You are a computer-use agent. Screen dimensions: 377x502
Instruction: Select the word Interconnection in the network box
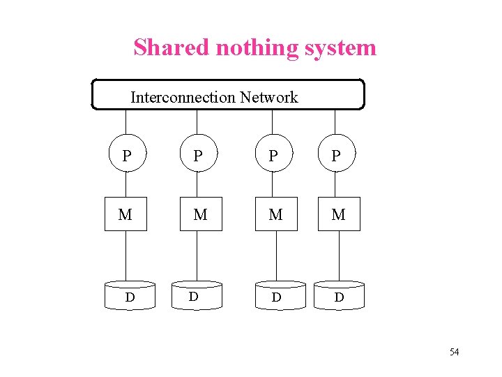pyautogui.click(x=183, y=97)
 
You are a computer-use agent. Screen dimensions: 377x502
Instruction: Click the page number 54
pyautogui.click(x=454, y=351)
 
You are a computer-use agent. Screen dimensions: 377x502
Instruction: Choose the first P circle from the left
pyautogui.click(x=126, y=155)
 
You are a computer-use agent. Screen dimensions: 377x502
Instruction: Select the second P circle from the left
pyautogui.click(x=199, y=155)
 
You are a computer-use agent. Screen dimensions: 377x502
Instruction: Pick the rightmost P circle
pyautogui.click(x=337, y=155)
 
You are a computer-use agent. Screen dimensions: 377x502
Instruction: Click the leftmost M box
pyautogui.click(x=125, y=214)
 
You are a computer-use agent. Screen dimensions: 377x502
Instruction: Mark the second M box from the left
pyautogui.click(x=200, y=214)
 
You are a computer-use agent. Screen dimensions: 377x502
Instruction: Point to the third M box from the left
pyautogui.click(x=276, y=214)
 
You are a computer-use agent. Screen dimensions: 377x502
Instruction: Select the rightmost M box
pyautogui.click(x=338, y=214)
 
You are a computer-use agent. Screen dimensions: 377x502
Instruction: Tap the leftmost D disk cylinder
pyautogui.click(x=129, y=296)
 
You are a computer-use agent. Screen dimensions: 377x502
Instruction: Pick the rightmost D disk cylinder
pyautogui.click(x=339, y=296)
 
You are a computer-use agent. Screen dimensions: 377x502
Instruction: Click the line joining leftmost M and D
pyautogui.click(x=126, y=256)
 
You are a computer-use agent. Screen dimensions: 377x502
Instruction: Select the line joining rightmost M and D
pyautogui.click(x=340, y=256)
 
